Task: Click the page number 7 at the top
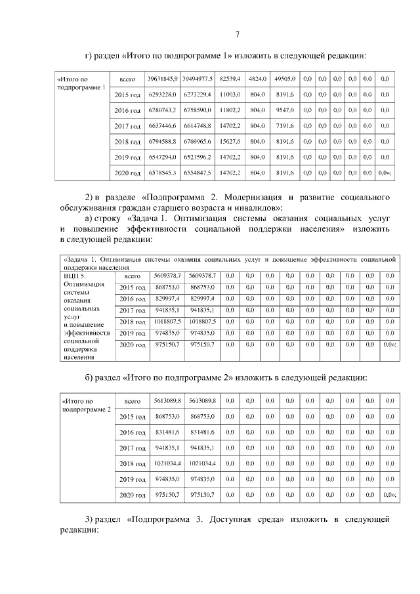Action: point(238,35)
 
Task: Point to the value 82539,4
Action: point(230,79)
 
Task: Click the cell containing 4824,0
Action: point(257,79)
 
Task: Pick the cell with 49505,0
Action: point(285,79)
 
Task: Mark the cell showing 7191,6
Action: point(285,125)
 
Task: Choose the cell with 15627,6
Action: point(230,141)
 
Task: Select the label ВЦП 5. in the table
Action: point(75,276)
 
